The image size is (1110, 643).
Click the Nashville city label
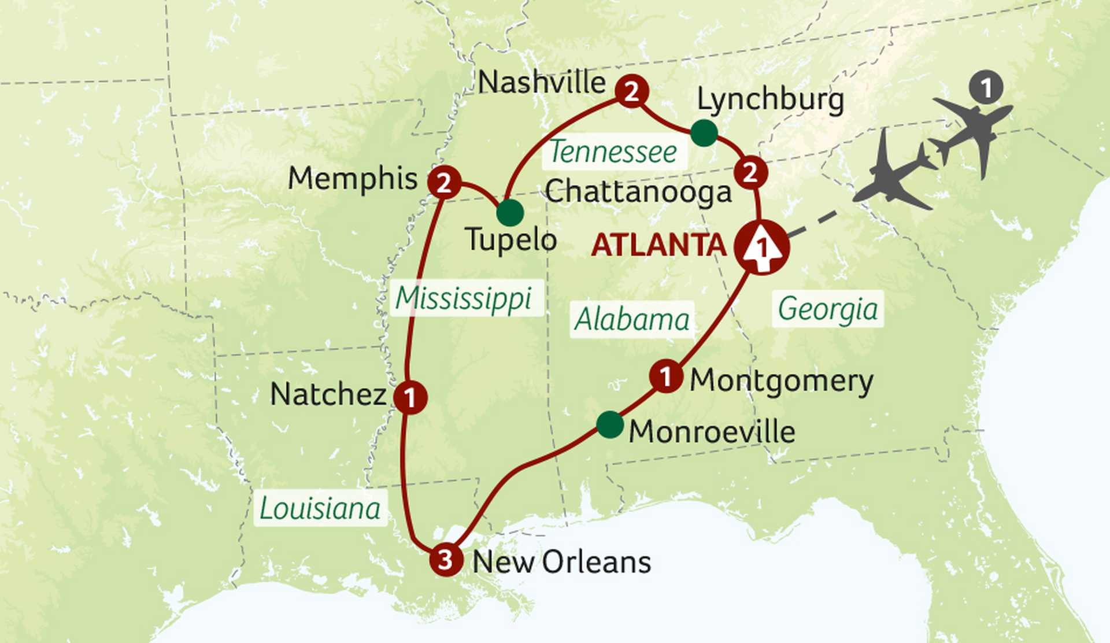(x=542, y=83)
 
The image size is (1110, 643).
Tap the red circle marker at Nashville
(x=631, y=92)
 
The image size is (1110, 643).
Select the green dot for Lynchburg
(x=704, y=134)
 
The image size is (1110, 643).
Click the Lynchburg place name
(x=770, y=100)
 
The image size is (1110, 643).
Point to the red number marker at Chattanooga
(x=750, y=173)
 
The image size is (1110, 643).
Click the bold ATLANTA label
(x=658, y=245)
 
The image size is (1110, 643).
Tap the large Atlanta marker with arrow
(x=761, y=247)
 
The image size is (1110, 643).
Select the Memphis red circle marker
(x=444, y=183)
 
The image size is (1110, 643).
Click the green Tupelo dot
(x=510, y=212)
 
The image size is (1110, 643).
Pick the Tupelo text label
(x=511, y=239)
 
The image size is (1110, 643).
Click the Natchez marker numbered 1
(x=410, y=397)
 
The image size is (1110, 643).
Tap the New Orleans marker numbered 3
(x=446, y=559)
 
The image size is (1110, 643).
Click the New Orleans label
(x=561, y=562)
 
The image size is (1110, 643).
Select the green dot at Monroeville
(x=610, y=425)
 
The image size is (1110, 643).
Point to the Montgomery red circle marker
(x=666, y=376)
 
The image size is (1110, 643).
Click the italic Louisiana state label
(x=320, y=509)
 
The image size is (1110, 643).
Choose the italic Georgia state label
(x=827, y=309)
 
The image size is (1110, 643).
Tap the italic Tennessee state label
(x=613, y=153)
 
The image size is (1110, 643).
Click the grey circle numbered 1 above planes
(x=986, y=88)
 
